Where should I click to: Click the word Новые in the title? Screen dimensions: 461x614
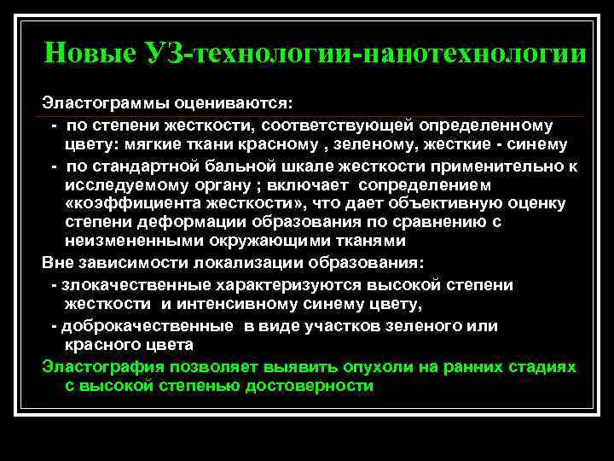click(x=86, y=54)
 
